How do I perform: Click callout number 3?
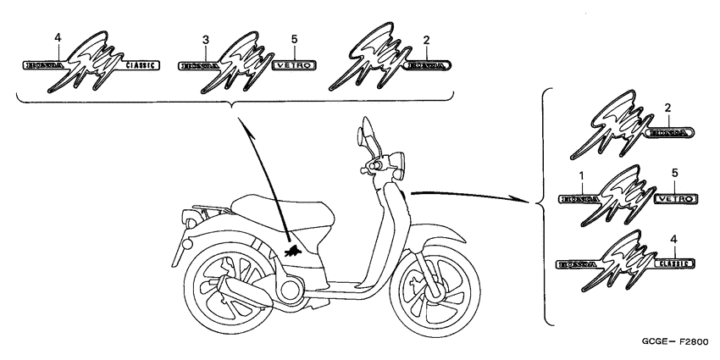(x=205, y=41)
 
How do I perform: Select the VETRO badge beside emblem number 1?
(x=677, y=199)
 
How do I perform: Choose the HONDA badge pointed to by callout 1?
(x=579, y=199)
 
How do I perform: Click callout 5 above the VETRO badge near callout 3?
(x=295, y=40)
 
